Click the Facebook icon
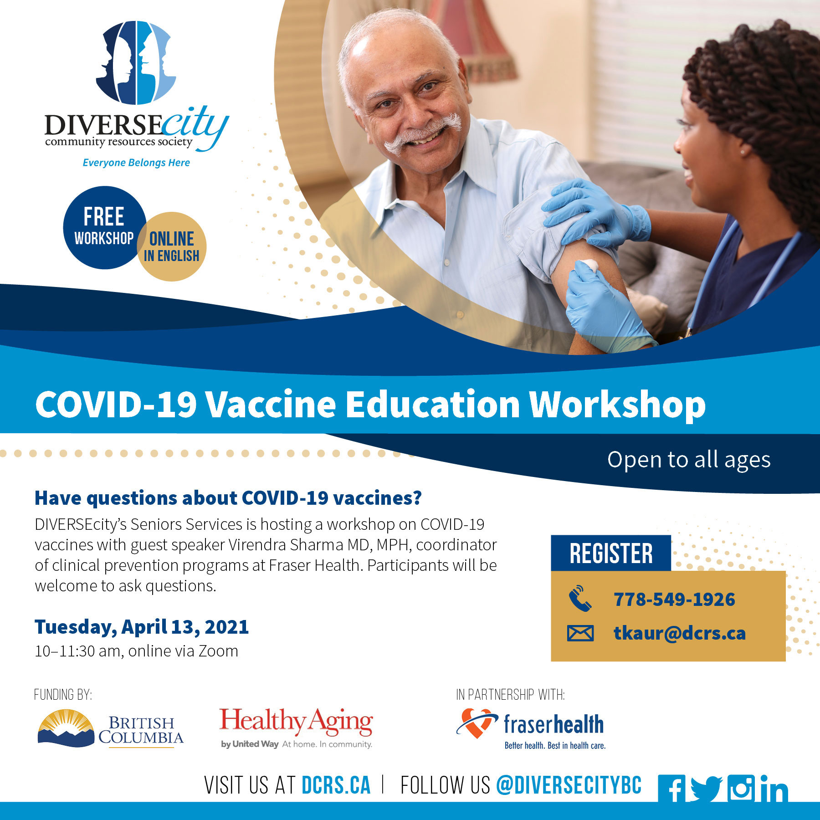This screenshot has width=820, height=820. (x=671, y=789)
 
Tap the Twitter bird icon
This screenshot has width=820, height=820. (x=707, y=789)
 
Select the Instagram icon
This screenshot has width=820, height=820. (x=740, y=788)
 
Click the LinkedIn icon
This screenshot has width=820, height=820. (x=774, y=788)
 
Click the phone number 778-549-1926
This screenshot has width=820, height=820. (x=674, y=600)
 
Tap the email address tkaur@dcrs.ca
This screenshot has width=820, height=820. (x=679, y=633)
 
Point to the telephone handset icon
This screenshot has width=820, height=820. (x=580, y=598)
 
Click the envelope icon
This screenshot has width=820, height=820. (x=580, y=633)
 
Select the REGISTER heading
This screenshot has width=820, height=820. (x=611, y=553)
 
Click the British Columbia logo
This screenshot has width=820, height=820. (x=110, y=728)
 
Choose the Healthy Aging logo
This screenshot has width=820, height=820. (x=296, y=728)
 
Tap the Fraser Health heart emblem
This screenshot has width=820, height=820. (x=477, y=723)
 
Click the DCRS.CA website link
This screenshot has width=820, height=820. (x=336, y=785)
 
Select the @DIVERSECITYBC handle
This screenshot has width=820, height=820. (x=569, y=785)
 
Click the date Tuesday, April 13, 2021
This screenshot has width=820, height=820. (x=142, y=627)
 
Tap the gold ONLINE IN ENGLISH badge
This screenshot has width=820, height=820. (x=172, y=246)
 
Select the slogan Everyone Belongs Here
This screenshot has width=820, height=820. (x=136, y=163)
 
